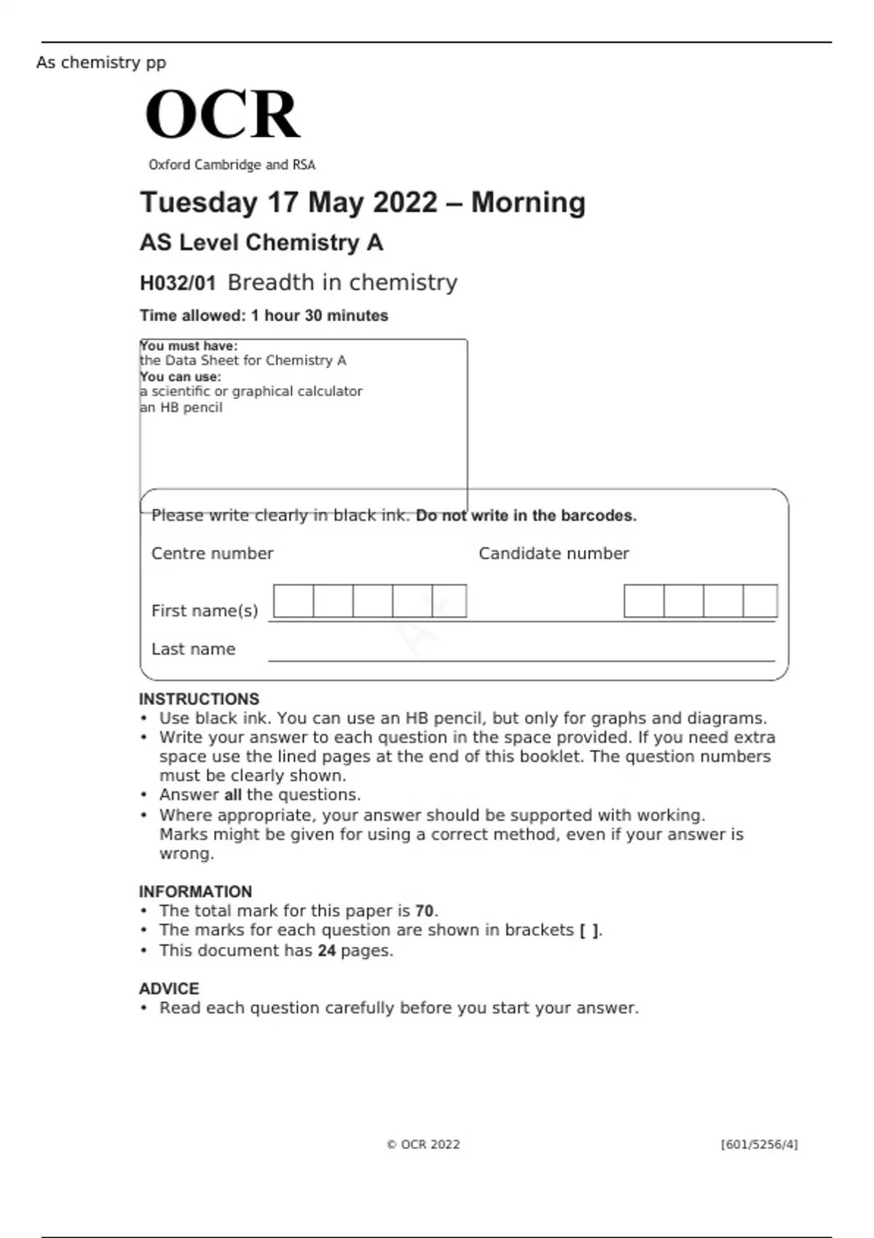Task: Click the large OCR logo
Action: [222, 114]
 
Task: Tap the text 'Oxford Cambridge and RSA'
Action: [232, 165]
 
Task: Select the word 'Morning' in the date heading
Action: [528, 202]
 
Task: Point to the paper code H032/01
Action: [178, 283]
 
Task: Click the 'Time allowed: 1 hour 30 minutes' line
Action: [264, 316]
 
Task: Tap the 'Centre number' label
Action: [212, 553]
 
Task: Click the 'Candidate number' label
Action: [554, 553]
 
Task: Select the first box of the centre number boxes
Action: [294, 602]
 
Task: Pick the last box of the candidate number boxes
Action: [760, 602]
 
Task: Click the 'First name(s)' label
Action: [205, 611]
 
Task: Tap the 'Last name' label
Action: [193, 650]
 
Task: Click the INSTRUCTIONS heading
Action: [199, 699]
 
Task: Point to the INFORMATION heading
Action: [195, 892]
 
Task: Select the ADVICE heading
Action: [169, 989]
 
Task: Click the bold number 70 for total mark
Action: [425, 911]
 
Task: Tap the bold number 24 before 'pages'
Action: [326, 951]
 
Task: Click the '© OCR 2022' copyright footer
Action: [423, 1145]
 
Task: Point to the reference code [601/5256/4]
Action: [759, 1145]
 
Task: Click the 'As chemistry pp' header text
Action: [101, 63]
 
